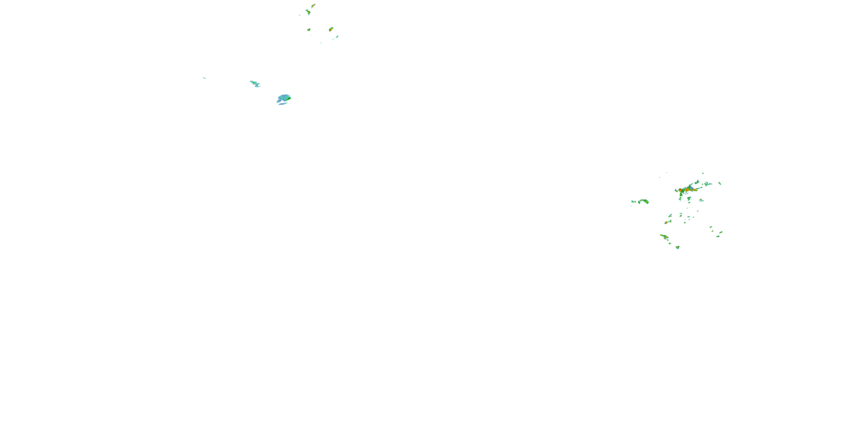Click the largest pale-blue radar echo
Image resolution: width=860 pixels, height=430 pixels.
point(284,99)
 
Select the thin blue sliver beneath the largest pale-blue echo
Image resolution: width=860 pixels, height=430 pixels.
point(282,104)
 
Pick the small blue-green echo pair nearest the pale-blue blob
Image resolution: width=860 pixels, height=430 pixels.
point(255,83)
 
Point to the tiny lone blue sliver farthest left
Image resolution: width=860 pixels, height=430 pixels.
point(204,78)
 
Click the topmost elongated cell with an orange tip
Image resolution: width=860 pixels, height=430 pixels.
point(313,5)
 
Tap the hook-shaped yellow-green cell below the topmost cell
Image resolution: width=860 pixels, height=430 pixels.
point(308,12)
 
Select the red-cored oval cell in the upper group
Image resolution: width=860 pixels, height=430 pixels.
point(331,29)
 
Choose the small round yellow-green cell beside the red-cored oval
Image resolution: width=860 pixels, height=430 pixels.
point(309,30)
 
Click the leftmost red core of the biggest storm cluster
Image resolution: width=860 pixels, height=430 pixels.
point(680,190)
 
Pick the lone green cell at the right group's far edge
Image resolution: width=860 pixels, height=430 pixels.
point(720,183)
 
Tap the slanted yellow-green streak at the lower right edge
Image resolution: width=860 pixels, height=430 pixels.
point(721,232)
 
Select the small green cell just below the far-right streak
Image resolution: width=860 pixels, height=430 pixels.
point(718,236)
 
